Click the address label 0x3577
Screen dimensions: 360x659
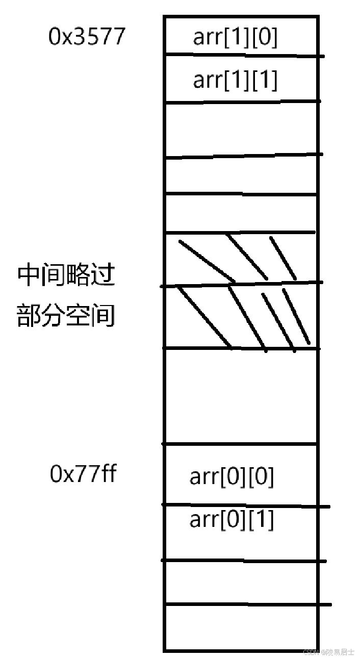click(87, 37)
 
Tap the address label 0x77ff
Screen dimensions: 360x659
click(83, 474)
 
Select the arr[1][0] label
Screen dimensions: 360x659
click(235, 38)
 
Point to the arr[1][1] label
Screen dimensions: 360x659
click(235, 81)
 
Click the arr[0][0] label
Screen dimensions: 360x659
click(232, 477)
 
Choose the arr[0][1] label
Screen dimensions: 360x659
click(232, 520)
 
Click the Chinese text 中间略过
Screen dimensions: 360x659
click(66, 276)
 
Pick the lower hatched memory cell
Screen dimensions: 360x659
click(241, 316)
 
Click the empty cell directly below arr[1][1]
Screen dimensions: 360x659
click(241, 130)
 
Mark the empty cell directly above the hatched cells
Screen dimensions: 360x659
click(241, 213)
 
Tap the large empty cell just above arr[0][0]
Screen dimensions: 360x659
click(241, 396)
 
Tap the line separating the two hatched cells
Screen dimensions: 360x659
click(241, 284)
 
